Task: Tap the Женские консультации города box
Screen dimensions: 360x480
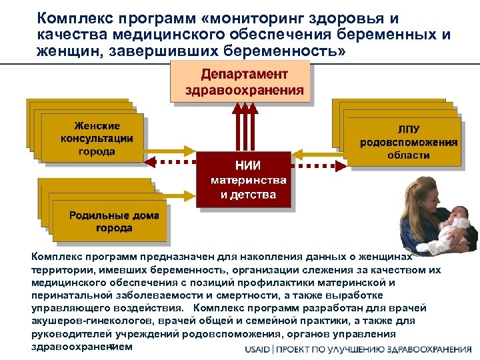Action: pyautogui.click(x=97, y=138)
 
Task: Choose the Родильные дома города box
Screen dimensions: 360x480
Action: pyautogui.click(x=105, y=221)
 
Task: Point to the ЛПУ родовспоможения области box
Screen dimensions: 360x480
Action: pyautogui.click(x=409, y=142)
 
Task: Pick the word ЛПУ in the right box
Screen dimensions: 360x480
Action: pyautogui.click(x=409, y=129)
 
